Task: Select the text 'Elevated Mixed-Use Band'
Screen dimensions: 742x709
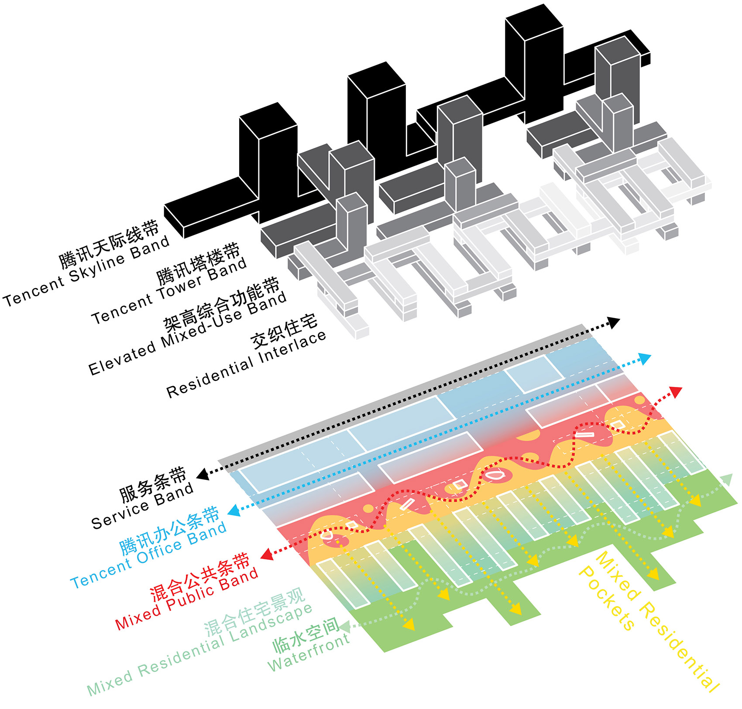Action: (x=188, y=333)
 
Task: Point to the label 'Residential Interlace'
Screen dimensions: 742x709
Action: (x=247, y=364)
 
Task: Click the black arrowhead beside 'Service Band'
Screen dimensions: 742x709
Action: (x=203, y=474)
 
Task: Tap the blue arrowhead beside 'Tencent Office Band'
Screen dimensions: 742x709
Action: (x=234, y=510)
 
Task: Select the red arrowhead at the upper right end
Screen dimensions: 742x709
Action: (x=676, y=392)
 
